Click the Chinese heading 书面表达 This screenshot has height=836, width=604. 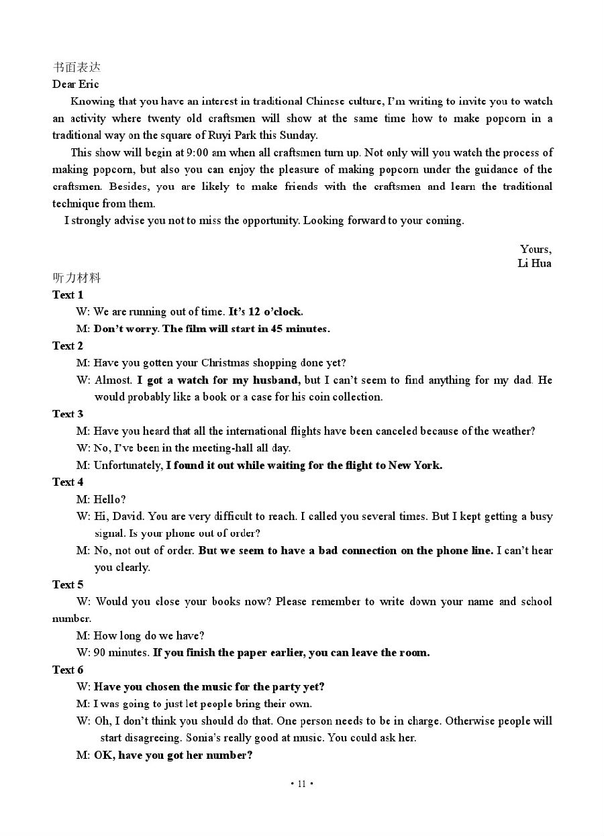[77, 67]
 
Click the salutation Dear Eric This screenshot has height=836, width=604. [76, 84]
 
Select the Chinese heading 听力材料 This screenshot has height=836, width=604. [77, 278]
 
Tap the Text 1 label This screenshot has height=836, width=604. [68, 295]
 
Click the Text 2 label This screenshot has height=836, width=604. [68, 346]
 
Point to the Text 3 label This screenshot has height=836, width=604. [68, 413]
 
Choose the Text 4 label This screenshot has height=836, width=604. [68, 482]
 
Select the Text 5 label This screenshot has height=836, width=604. [68, 584]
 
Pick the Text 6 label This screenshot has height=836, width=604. [68, 670]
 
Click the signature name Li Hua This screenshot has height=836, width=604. [534, 263]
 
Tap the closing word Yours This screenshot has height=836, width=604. [536, 249]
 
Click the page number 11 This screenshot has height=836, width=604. [302, 784]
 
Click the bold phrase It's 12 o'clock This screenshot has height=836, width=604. [266, 311]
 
